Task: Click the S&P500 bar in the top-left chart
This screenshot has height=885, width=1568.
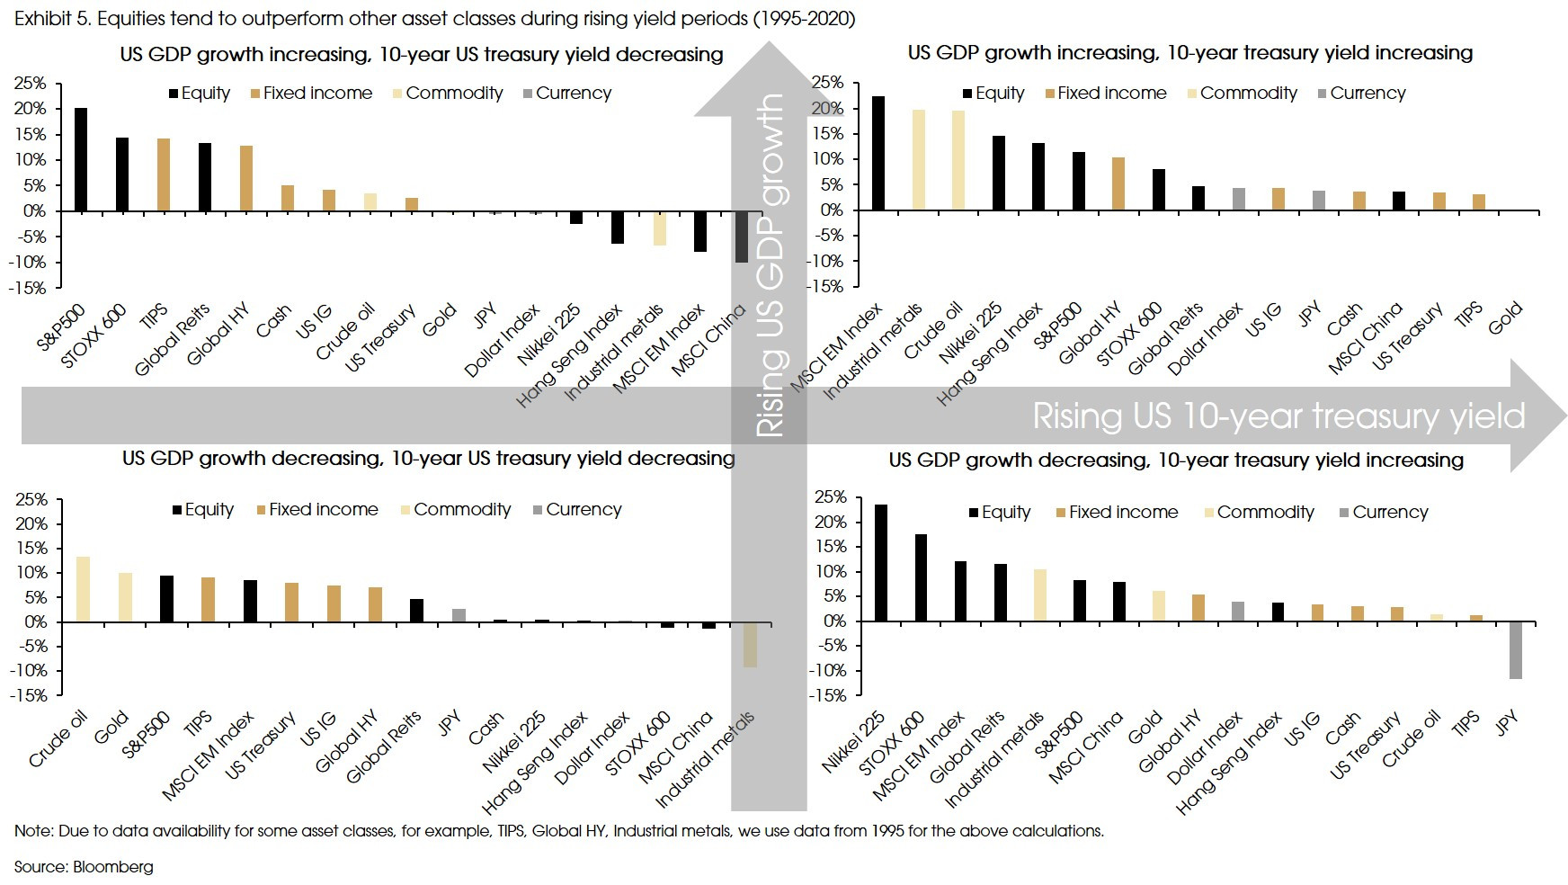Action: pyautogui.click(x=81, y=159)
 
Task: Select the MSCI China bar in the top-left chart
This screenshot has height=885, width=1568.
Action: pyautogui.click(x=741, y=237)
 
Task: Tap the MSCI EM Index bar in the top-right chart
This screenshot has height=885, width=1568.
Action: pyautogui.click(x=878, y=153)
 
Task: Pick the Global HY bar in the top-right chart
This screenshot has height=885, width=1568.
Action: pyautogui.click(x=1118, y=183)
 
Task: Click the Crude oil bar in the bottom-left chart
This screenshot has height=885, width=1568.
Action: pyautogui.click(x=83, y=589)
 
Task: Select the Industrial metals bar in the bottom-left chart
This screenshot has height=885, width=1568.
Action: pyautogui.click(x=750, y=644)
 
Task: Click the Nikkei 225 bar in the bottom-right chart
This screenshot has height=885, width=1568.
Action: pyautogui.click(x=881, y=563)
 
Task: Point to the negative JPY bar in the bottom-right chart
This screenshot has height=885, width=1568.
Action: pyautogui.click(x=1516, y=649)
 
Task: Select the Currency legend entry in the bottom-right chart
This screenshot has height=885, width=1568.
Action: pyautogui.click(x=1383, y=512)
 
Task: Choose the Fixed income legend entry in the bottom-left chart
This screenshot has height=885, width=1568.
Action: pyautogui.click(x=316, y=509)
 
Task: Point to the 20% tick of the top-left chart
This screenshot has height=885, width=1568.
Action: pyautogui.click(x=29, y=108)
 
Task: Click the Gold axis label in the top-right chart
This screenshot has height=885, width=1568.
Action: pyautogui.click(x=1504, y=318)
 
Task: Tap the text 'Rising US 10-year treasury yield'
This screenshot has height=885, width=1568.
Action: pyautogui.click(x=1278, y=416)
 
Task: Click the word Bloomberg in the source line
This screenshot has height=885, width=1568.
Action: pyautogui.click(x=112, y=867)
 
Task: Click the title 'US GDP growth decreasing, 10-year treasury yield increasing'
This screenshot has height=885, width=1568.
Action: pyautogui.click(x=1176, y=460)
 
